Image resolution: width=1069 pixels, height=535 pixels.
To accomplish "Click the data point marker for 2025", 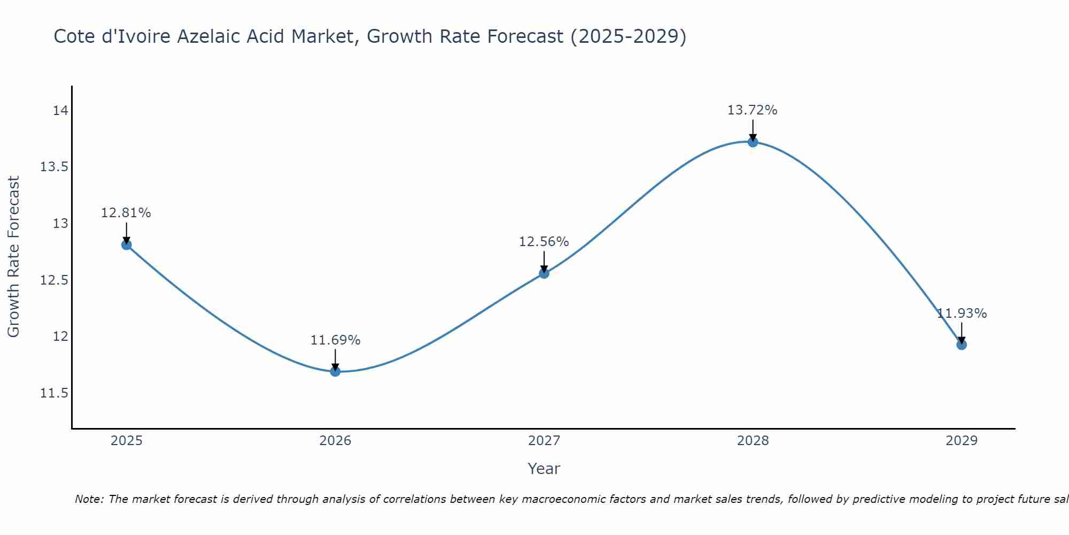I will pyautogui.click(x=127, y=245).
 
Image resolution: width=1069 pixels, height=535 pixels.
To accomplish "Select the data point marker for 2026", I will pyautogui.click(x=335, y=371).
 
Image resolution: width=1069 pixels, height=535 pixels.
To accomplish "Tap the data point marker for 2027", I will pyautogui.click(x=544, y=273).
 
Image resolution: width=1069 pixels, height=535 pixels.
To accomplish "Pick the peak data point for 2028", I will pyautogui.click(x=753, y=142).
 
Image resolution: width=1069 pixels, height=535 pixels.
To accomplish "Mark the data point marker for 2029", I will pyautogui.click(x=962, y=345).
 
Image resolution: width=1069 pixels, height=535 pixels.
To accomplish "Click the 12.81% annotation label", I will pyautogui.click(x=126, y=213).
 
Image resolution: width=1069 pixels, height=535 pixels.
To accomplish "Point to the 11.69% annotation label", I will pyautogui.click(x=335, y=340).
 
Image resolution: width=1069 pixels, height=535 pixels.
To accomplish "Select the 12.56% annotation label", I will pyautogui.click(x=544, y=242).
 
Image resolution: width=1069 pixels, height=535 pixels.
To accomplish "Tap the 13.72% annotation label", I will pyautogui.click(x=752, y=110).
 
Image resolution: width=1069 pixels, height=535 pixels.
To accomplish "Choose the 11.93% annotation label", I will pyautogui.click(x=962, y=314).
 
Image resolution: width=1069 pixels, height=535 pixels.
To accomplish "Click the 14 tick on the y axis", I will pyautogui.click(x=60, y=111).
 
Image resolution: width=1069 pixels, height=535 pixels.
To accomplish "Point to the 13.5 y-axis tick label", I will pyautogui.click(x=55, y=167).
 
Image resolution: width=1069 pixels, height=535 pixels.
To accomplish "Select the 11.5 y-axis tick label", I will pyautogui.click(x=55, y=393).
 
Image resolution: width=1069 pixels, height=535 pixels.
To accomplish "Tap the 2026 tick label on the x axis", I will pyautogui.click(x=335, y=441).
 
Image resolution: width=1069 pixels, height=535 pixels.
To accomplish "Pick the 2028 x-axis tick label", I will pyautogui.click(x=753, y=441).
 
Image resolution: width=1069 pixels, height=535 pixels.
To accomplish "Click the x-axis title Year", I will pyautogui.click(x=544, y=469).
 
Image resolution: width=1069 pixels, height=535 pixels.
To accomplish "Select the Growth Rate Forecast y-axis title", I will pyautogui.click(x=14, y=257).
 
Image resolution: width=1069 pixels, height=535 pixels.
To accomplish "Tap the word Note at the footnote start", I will pyautogui.click(x=89, y=499).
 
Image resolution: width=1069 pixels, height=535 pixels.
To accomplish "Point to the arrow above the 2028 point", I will pyautogui.click(x=753, y=129).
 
